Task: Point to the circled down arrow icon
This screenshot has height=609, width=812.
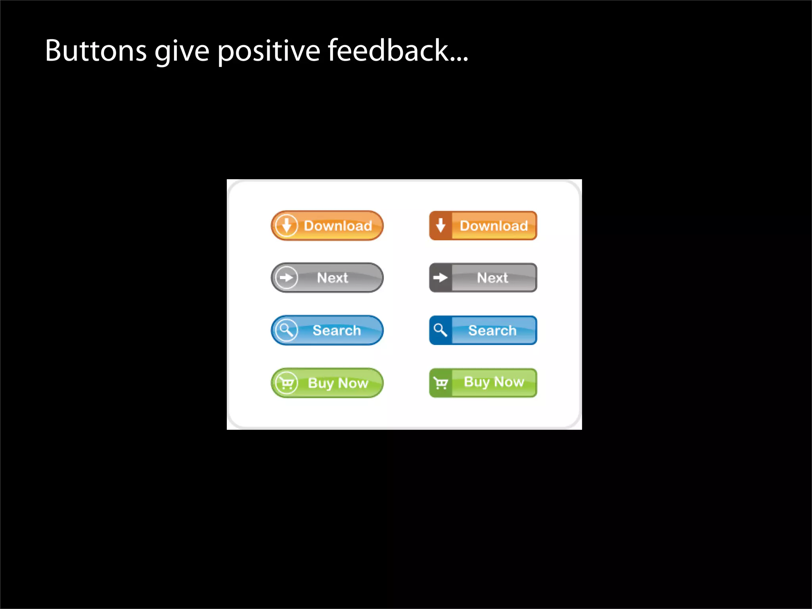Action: point(286,226)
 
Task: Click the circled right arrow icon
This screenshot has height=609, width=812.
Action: point(286,278)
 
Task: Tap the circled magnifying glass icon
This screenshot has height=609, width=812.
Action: point(286,330)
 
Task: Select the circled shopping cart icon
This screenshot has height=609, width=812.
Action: point(286,383)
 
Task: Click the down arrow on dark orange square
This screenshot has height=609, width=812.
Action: point(440,226)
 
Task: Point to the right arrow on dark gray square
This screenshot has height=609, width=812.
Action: point(440,278)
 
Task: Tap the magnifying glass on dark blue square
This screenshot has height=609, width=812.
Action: point(440,330)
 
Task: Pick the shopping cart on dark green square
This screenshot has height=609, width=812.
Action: point(440,383)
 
